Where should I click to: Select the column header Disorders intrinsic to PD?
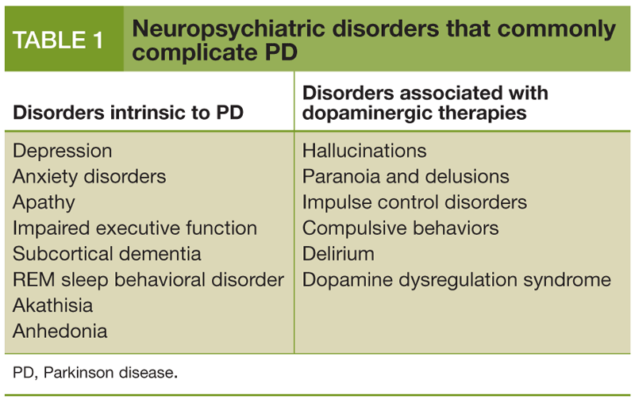coord(128,113)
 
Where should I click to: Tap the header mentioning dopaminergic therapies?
coord(425,102)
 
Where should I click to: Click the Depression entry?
coord(63,151)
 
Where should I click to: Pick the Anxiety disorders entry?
coord(89,176)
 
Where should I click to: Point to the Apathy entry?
coord(44,202)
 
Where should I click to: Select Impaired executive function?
coord(135,228)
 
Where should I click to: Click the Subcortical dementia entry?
coord(107,254)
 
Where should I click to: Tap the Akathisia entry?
coord(53,305)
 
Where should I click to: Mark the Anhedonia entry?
coord(60,331)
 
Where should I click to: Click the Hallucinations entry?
coord(364,151)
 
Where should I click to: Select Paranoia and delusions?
coord(406,176)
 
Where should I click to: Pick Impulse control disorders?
coord(414,202)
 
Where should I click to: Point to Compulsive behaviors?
coord(400,228)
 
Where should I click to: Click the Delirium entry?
coord(338,254)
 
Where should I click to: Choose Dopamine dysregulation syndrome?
coord(456,280)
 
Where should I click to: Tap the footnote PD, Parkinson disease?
coord(95,372)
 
